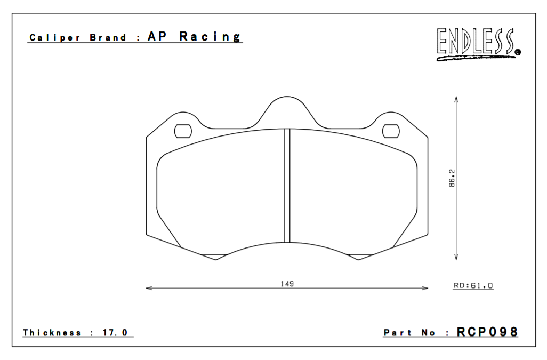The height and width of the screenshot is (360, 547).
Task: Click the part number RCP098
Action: pyautogui.click(x=487, y=332)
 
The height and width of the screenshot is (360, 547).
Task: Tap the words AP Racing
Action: pyautogui.click(x=194, y=37)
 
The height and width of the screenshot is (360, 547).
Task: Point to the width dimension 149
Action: pyautogui.click(x=287, y=284)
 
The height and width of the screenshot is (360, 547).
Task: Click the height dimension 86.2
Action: pyautogui.click(x=452, y=178)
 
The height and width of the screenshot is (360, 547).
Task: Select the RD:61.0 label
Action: pyautogui.click(x=473, y=286)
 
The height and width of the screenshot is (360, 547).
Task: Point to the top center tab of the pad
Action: pyautogui.click(x=287, y=107)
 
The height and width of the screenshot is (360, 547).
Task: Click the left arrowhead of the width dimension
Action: pyautogui.click(x=149, y=289)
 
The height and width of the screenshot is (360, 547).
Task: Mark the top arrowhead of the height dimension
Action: pyautogui.click(x=456, y=99)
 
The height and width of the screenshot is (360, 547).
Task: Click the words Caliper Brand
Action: pyautogui.click(x=78, y=38)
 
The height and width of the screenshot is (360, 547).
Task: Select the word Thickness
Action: pyautogui.click(x=52, y=333)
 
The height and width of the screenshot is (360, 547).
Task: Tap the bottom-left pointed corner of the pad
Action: pyautogui.click(x=215, y=260)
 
